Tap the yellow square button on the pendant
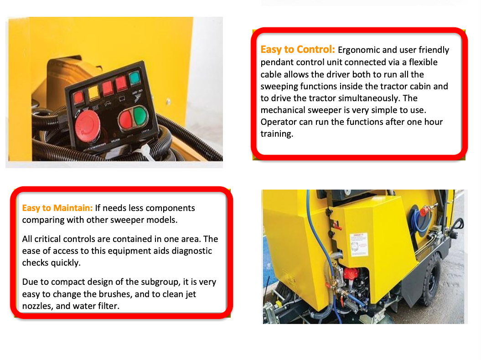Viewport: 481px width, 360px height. [x=94, y=93]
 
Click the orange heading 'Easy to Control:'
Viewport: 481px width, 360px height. [x=298, y=49]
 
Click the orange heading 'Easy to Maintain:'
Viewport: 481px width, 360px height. [x=57, y=208]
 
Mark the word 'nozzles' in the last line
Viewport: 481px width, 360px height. [x=37, y=306]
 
